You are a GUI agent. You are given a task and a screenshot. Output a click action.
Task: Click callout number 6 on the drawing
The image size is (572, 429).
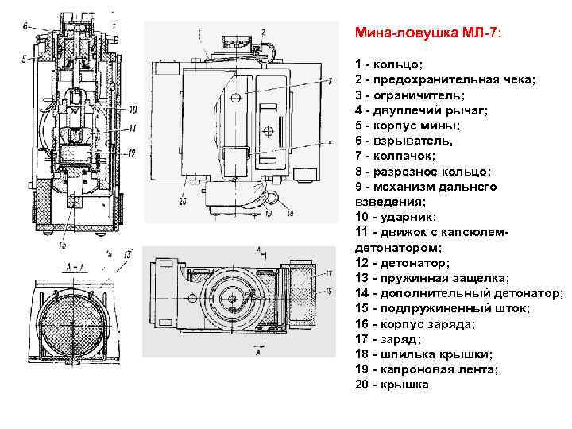(x=26, y=25)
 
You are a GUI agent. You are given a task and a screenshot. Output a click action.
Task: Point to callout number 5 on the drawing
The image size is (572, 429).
(x=25, y=59)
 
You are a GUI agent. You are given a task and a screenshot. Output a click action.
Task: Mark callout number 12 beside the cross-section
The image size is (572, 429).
(x=132, y=153)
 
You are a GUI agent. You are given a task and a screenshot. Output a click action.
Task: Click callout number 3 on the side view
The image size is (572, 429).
(x=327, y=82)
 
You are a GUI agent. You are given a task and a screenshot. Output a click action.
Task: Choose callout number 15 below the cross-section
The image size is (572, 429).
(x=61, y=245)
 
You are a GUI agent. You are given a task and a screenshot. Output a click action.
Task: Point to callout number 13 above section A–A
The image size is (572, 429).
(x=128, y=253)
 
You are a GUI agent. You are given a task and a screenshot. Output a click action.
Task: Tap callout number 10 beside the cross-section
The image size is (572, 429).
(x=132, y=109)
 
